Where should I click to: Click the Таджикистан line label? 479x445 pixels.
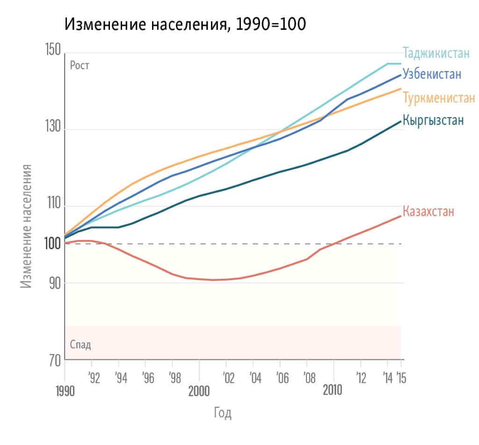point(436,52)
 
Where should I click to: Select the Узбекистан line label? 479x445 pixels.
point(432,74)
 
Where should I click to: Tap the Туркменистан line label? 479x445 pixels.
point(439,98)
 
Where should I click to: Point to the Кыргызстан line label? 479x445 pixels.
point(433,120)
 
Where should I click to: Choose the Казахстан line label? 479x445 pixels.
point(428,212)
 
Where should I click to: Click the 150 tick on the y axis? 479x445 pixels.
point(52,50)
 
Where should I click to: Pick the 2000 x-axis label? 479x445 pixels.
point(199,391)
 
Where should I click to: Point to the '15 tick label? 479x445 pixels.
point(401,378)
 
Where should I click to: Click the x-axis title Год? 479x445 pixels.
point(223,413)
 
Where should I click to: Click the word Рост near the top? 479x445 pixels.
point(80,66)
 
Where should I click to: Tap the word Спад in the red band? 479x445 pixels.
point(80,345)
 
